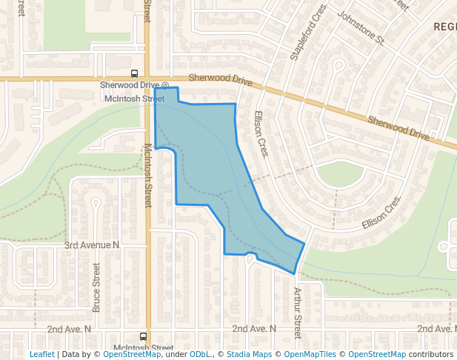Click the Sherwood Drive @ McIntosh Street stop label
(134, 91)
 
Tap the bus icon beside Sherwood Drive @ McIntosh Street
(134, 73)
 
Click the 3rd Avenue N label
(92, 244)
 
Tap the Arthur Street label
(298, 312)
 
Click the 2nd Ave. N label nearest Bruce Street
(69, 328)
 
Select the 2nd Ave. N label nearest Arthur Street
(254, 328)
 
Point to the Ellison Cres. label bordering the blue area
(261, 134)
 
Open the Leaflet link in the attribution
(41, 354)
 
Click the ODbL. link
(200, 354)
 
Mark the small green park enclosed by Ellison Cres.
(340, 175)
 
